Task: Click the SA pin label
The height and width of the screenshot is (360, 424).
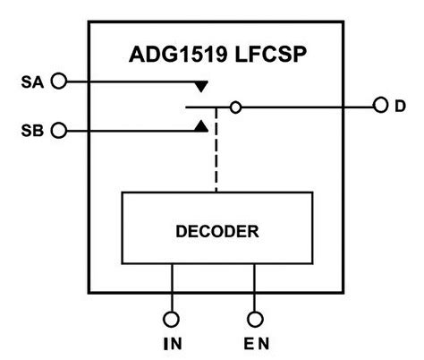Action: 31,82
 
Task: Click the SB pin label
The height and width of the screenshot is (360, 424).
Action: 31,131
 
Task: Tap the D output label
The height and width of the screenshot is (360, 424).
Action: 399,107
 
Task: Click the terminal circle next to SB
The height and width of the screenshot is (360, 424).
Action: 59,131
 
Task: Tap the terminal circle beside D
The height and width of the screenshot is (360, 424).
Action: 378,107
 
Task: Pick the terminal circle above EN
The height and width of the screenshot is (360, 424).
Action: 255,318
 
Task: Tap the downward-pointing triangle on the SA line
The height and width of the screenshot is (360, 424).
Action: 202,88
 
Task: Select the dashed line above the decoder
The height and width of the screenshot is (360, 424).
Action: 216,161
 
